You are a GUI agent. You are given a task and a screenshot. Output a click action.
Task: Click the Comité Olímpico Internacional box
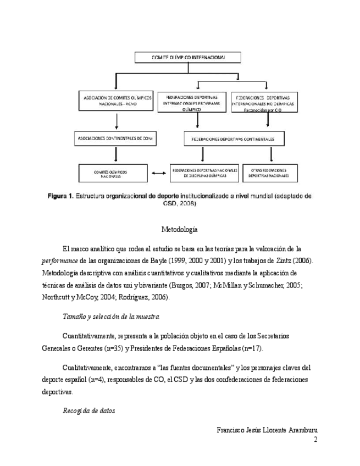coord(187,57)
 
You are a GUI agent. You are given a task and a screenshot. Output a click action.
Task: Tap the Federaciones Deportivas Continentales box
coord(234,138)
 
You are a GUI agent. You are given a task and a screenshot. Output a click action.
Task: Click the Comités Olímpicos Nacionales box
coord(114,174)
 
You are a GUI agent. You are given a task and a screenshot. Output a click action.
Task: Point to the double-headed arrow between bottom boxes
coord(159,174)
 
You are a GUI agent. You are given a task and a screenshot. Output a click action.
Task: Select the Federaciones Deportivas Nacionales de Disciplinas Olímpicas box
coord(204,174)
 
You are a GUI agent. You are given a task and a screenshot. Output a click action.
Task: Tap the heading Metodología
coord(180,229)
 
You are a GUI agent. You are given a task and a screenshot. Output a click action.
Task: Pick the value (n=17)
coord(252,348)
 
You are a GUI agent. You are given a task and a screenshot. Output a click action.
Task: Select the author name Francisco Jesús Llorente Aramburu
coord(268,430)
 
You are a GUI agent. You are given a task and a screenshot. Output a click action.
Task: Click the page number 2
coord(315,440)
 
